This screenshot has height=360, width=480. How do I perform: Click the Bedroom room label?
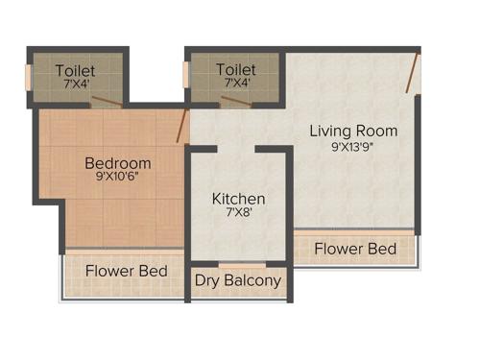click(117, 163)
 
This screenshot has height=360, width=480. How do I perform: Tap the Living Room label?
click(353, 131)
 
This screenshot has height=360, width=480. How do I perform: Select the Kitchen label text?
click(238, 199)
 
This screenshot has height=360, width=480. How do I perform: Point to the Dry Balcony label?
click(238, 281)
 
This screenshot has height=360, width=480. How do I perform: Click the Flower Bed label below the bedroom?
click(127, 271)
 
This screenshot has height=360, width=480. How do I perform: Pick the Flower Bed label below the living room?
click(355, 249)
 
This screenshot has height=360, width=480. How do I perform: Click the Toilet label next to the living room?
click(236, 70)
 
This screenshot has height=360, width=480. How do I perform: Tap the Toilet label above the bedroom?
click(75, 70)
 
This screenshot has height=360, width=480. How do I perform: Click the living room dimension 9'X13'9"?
click(353, 147)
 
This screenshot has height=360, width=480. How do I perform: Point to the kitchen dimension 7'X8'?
click(238, 214)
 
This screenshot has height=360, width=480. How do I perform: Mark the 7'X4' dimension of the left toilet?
click(75, 84)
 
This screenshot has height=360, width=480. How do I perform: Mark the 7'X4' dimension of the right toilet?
click(236, 84)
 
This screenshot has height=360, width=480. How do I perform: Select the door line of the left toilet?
click(108, 99)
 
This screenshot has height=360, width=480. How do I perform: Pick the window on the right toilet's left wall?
click(188, 76)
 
